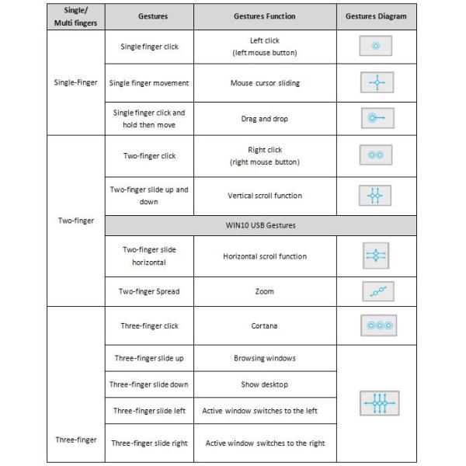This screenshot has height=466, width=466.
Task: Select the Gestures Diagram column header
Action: point(377,16)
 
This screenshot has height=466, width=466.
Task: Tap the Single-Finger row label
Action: point(76,82)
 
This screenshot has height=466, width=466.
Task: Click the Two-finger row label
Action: point(76,221)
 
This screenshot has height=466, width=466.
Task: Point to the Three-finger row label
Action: point(76,440)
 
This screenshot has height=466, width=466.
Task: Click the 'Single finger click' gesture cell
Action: point(150,47)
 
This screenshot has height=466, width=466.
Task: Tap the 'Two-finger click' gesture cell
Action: point(150,155)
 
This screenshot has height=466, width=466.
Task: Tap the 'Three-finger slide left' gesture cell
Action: point(150,410)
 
